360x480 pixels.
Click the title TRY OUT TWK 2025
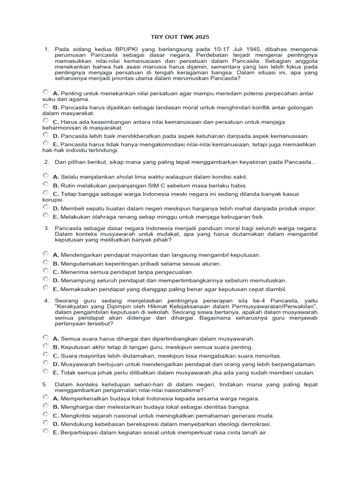click(x=180, y=37)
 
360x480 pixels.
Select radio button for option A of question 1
click(x=45, y=92)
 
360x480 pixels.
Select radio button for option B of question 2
click(x=45, y=185)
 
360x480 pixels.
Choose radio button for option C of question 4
click(x=45, y=354)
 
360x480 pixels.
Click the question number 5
click(x=45, y=384)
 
